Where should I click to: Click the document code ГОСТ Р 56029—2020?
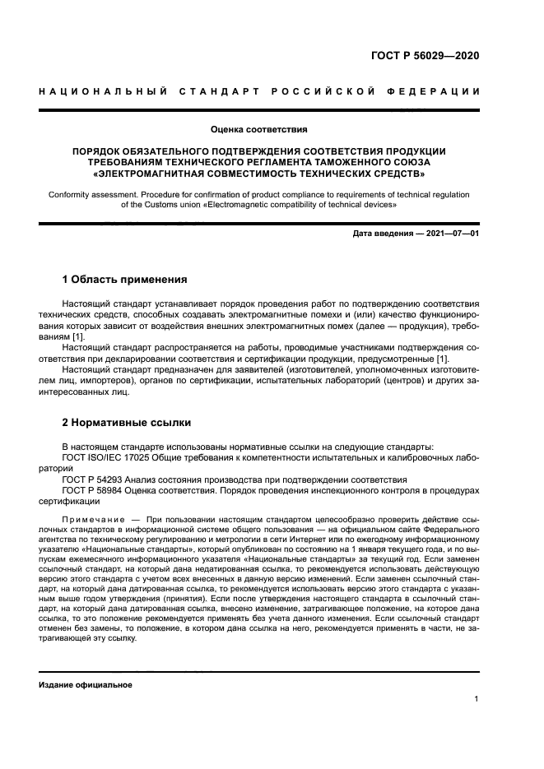click(425, 56)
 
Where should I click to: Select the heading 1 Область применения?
click(125, 280)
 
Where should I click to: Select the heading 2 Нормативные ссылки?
click(127, 423)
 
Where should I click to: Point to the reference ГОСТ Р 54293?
click(97, 479)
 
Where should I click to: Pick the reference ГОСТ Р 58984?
click(97, 489)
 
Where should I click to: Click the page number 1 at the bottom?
click(477, 700)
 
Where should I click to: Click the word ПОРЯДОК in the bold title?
click(100, 151)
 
